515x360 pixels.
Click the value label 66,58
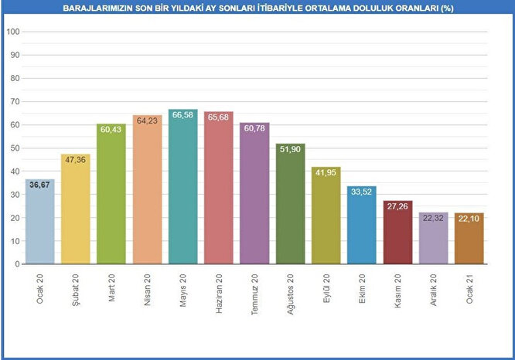click(x=182, y=115)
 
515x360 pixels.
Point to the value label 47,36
click(x=75, y=160)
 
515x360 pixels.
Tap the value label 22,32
click(x=433, y=218)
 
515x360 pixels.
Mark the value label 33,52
click(x=362, y=192)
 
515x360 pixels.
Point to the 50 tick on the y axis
click(x=15, y=148)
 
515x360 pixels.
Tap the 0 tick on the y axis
click(x=17, y=264)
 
